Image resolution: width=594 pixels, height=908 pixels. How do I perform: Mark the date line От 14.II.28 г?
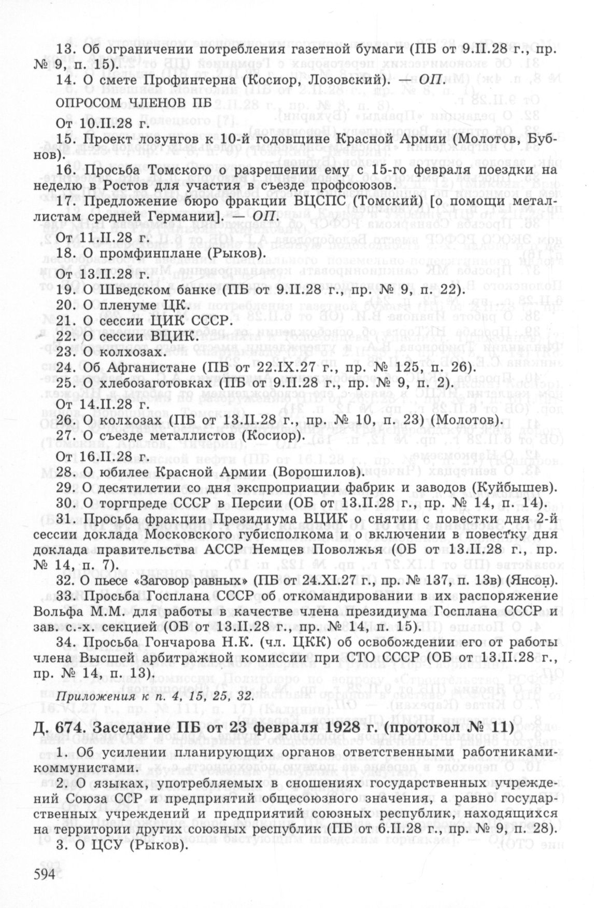click(x=102, y=403)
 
